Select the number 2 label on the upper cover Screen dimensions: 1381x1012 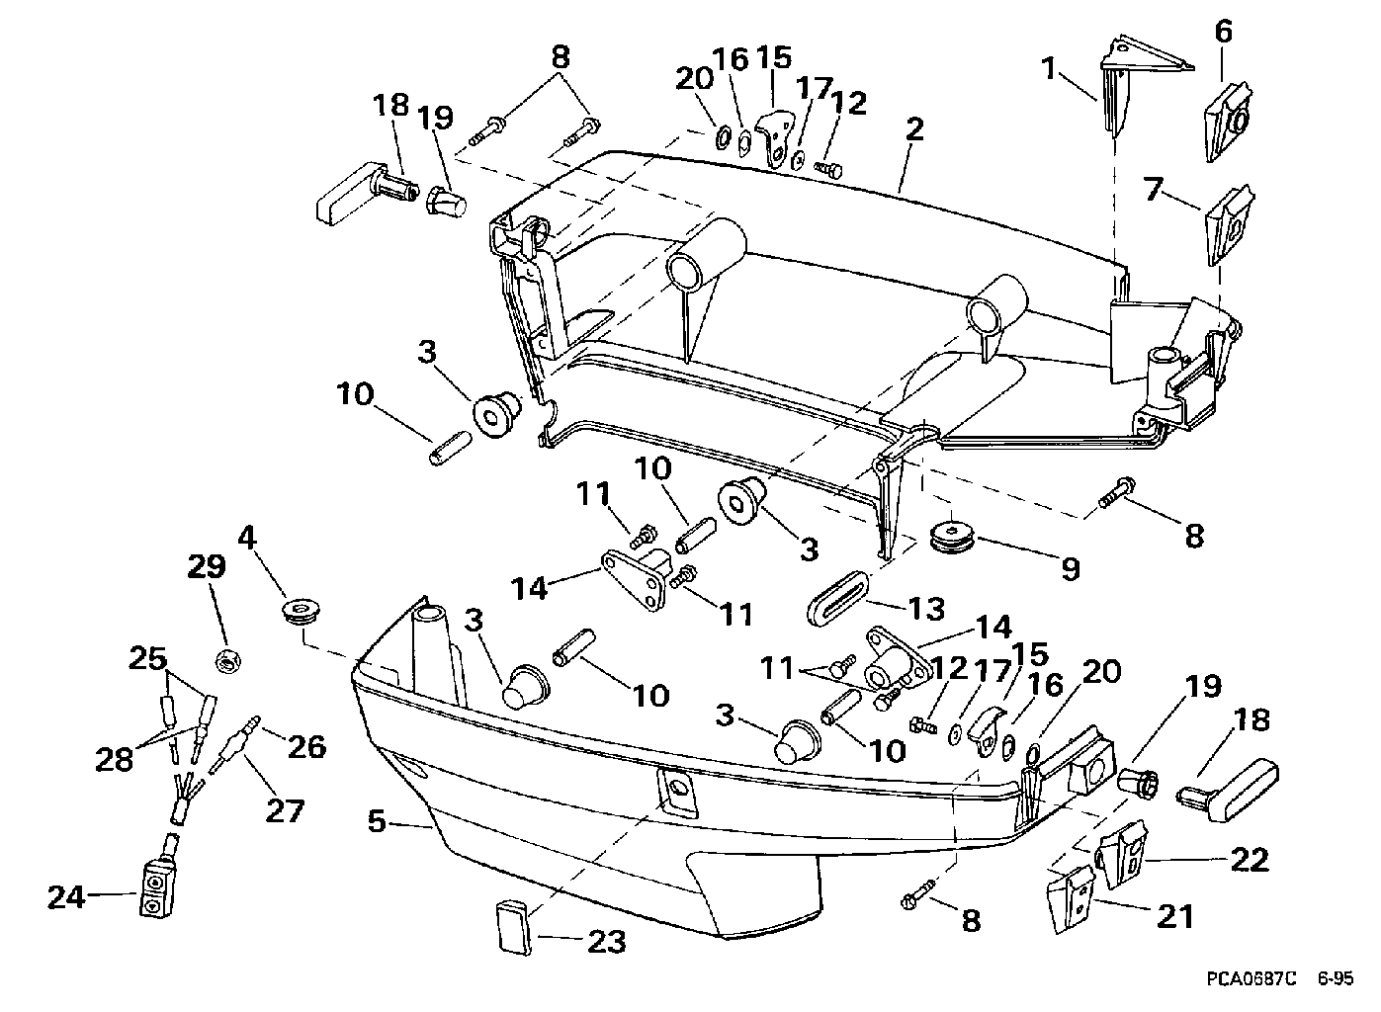[915, 130]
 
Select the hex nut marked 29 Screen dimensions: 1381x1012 [227, 662]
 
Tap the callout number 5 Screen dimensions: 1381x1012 [377, 821]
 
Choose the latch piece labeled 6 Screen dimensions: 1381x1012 [1228, 127]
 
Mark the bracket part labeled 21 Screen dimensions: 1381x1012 [1071, 898]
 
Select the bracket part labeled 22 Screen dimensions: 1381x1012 [1122, 854]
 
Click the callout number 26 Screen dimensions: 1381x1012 [306, 746]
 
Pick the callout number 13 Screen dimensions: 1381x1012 [926, 609]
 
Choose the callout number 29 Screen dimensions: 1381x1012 [207, 566]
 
